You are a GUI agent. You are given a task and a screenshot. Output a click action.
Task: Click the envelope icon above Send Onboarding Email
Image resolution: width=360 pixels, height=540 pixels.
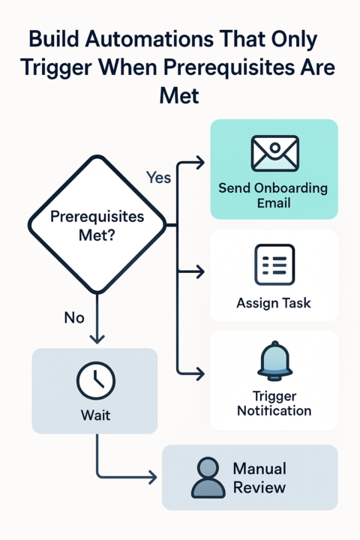coord(274,154)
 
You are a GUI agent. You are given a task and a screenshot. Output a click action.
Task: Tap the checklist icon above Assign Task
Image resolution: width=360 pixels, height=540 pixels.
coord(274,265)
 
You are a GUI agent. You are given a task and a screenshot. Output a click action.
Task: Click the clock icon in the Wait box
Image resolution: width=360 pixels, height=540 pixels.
coord(94,381)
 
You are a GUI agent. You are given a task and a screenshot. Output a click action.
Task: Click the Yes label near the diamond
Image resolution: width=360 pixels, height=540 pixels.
coord(157,178)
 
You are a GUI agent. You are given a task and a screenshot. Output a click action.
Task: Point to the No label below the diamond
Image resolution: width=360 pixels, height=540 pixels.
coord(74,317)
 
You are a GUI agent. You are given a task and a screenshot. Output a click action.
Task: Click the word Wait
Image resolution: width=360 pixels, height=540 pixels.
coord(94,414)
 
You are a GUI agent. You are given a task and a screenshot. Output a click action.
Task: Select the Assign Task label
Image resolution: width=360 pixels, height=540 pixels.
coord(274,304)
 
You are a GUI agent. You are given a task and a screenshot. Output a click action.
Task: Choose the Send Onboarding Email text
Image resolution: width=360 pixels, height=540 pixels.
coord(274,195)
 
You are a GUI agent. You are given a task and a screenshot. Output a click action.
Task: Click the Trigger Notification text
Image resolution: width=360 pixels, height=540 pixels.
coord(274,403)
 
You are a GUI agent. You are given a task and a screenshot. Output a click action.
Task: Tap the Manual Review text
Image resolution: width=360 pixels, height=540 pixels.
coord(259,478)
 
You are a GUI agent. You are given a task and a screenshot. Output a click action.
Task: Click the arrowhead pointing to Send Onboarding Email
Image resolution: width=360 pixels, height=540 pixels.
coord(200,160)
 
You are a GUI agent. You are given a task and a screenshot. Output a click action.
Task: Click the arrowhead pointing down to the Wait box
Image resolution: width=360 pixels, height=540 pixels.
coord(94,340)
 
